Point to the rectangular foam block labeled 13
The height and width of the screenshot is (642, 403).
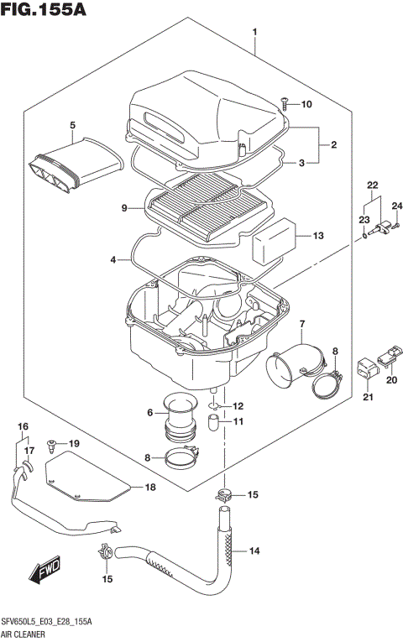tap(273, 237)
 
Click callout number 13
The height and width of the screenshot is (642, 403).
tap(318, 236)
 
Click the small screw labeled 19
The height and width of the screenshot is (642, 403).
tap(52, 441)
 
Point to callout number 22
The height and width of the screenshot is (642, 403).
tap(373, 185)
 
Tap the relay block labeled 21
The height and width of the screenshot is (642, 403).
tap(367, 368)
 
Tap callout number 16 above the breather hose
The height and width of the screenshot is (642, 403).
tap(23, 427)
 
